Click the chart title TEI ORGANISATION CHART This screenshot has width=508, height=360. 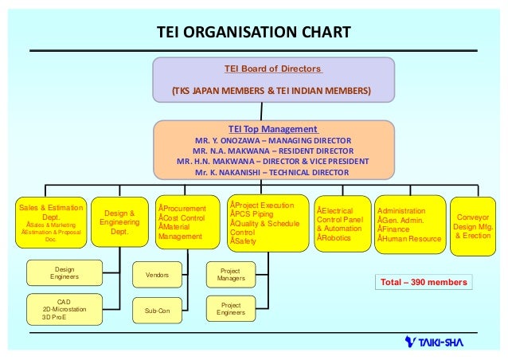point(253,33)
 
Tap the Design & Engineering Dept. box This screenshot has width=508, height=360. point(119,222)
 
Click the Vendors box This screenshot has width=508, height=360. point(157,274)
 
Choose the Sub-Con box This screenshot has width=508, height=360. point(157,311)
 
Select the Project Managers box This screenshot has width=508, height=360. point(231,276)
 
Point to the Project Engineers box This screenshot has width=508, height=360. point(231,309)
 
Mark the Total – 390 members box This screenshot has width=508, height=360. point(423,282)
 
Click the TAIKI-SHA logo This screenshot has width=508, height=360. point(433,342)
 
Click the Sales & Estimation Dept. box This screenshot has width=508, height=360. point(50,222)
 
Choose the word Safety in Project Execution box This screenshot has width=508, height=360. point(244,241)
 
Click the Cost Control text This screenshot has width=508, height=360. point(184,217)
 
